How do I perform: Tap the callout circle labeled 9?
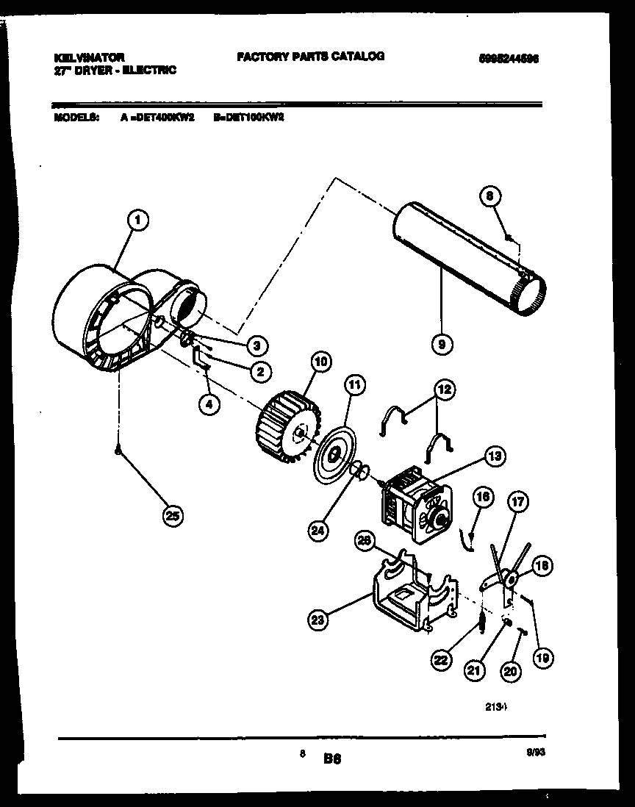pos(442,342)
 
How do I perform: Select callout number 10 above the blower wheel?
pos(320,361)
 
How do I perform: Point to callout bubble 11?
pos(354,384)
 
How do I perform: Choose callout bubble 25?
pos(172,516)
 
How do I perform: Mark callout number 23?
pos(317,621)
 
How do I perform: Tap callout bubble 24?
pos(317,529)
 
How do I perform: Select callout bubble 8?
pos(490,196)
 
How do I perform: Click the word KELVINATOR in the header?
pos(88,57)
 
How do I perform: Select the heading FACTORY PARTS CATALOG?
pos(310,56)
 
